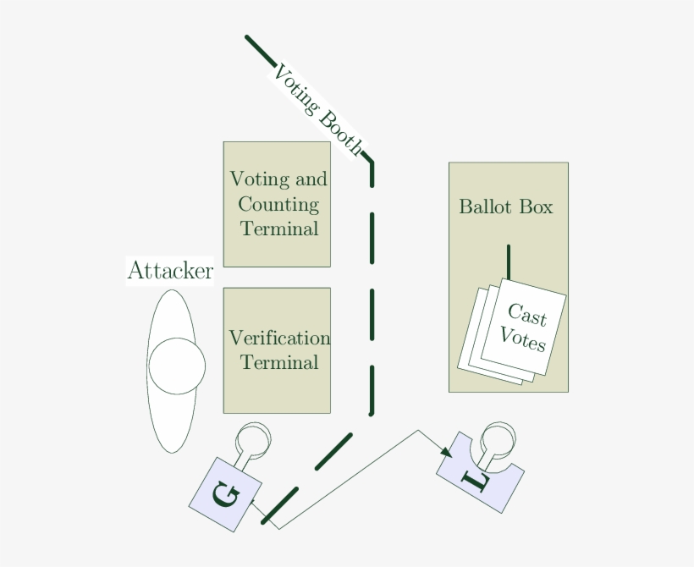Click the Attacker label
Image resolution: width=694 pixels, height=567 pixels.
pos(169,271)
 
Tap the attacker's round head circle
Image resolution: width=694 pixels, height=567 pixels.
pos(177,366)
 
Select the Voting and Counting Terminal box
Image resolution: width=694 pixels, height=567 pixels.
pos(277,204)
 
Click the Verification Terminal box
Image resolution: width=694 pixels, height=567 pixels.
pos(277,350)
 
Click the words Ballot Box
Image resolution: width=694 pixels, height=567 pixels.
pos(505,206)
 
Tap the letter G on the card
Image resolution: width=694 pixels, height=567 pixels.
pos(225,494)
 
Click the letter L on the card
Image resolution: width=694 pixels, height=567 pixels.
pos(477,481)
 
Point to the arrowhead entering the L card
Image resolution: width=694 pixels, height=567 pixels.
pos(446,454)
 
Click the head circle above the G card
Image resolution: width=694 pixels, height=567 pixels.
pos(252,439)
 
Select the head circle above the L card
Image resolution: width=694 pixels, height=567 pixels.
pos(497,438)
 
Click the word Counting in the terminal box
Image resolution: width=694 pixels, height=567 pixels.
pos(278,204)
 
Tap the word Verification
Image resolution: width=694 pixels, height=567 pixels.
pos(279,339)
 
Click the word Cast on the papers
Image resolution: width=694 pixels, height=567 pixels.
pos(527,316)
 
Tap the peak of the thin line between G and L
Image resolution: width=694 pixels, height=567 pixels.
pos(417,430)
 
